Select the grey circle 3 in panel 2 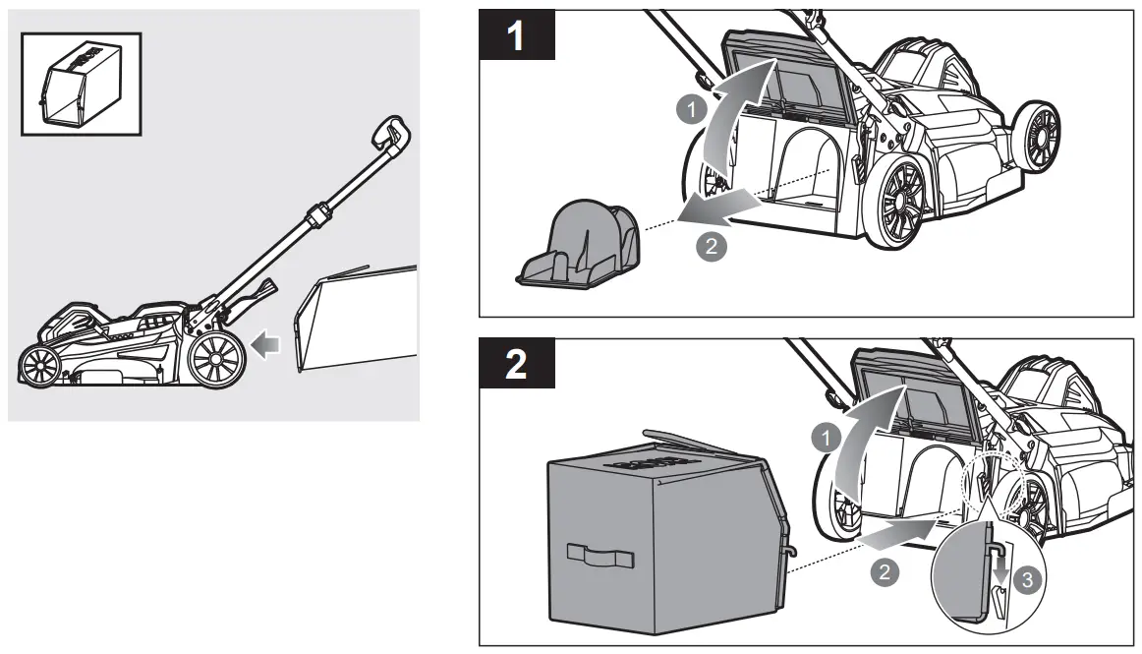tap(1028, 580)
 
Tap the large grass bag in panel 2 tap(649, 531)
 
